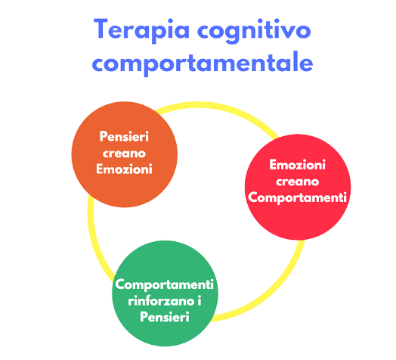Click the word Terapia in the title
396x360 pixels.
141,30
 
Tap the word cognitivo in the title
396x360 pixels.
254,30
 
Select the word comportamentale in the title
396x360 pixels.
203,63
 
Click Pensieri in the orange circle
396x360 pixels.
124,137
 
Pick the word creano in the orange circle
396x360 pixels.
124,154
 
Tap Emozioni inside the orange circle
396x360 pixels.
124,169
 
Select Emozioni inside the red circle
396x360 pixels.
297,165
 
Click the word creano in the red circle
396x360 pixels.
297,182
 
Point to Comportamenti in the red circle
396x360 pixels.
297,197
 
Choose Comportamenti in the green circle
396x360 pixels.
165,284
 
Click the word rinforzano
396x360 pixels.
161,301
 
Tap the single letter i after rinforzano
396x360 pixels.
200,301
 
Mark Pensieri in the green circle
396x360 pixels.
165,317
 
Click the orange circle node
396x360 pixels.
125,154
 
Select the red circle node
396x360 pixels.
298,187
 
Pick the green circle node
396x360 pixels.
165,293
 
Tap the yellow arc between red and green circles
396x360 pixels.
273,290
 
